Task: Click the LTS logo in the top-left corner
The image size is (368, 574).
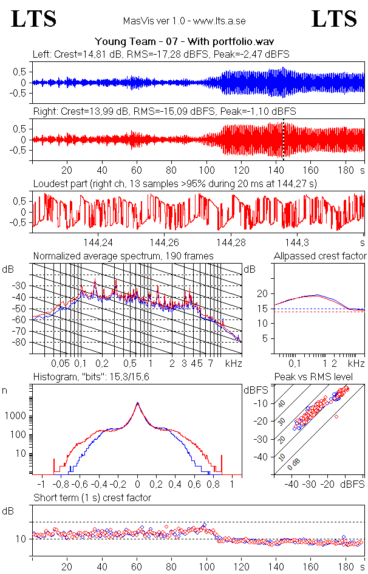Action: pyautogui.click(x=34, y=19)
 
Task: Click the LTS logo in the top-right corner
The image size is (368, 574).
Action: pyautogui.click(x=334, y=19)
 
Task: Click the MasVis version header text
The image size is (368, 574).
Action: pyautogui.click(x=184, y=21)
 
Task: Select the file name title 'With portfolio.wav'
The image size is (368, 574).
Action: pyautogui.click(x=184, y=42)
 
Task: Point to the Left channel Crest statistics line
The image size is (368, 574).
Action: pyautogui.click(x=161, y=54)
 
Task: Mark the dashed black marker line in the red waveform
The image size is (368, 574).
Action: pyautogui.click(x=283, y=140)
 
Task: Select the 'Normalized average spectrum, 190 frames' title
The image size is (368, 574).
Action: pyautogui.click(x=123, y=256)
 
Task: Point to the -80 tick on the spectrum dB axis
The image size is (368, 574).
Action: pyautogui.click(x=22, y=343)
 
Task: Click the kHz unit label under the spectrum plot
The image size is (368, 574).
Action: pyautogui.click(x=234, y=363)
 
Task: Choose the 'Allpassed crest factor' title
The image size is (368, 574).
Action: pyautogui.click(x=320, y=256)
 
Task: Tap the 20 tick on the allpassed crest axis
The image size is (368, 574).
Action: pyautogui.click(x=262, y=294)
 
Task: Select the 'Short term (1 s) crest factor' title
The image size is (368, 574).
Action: pyautogui.click(x=92, y=497)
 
